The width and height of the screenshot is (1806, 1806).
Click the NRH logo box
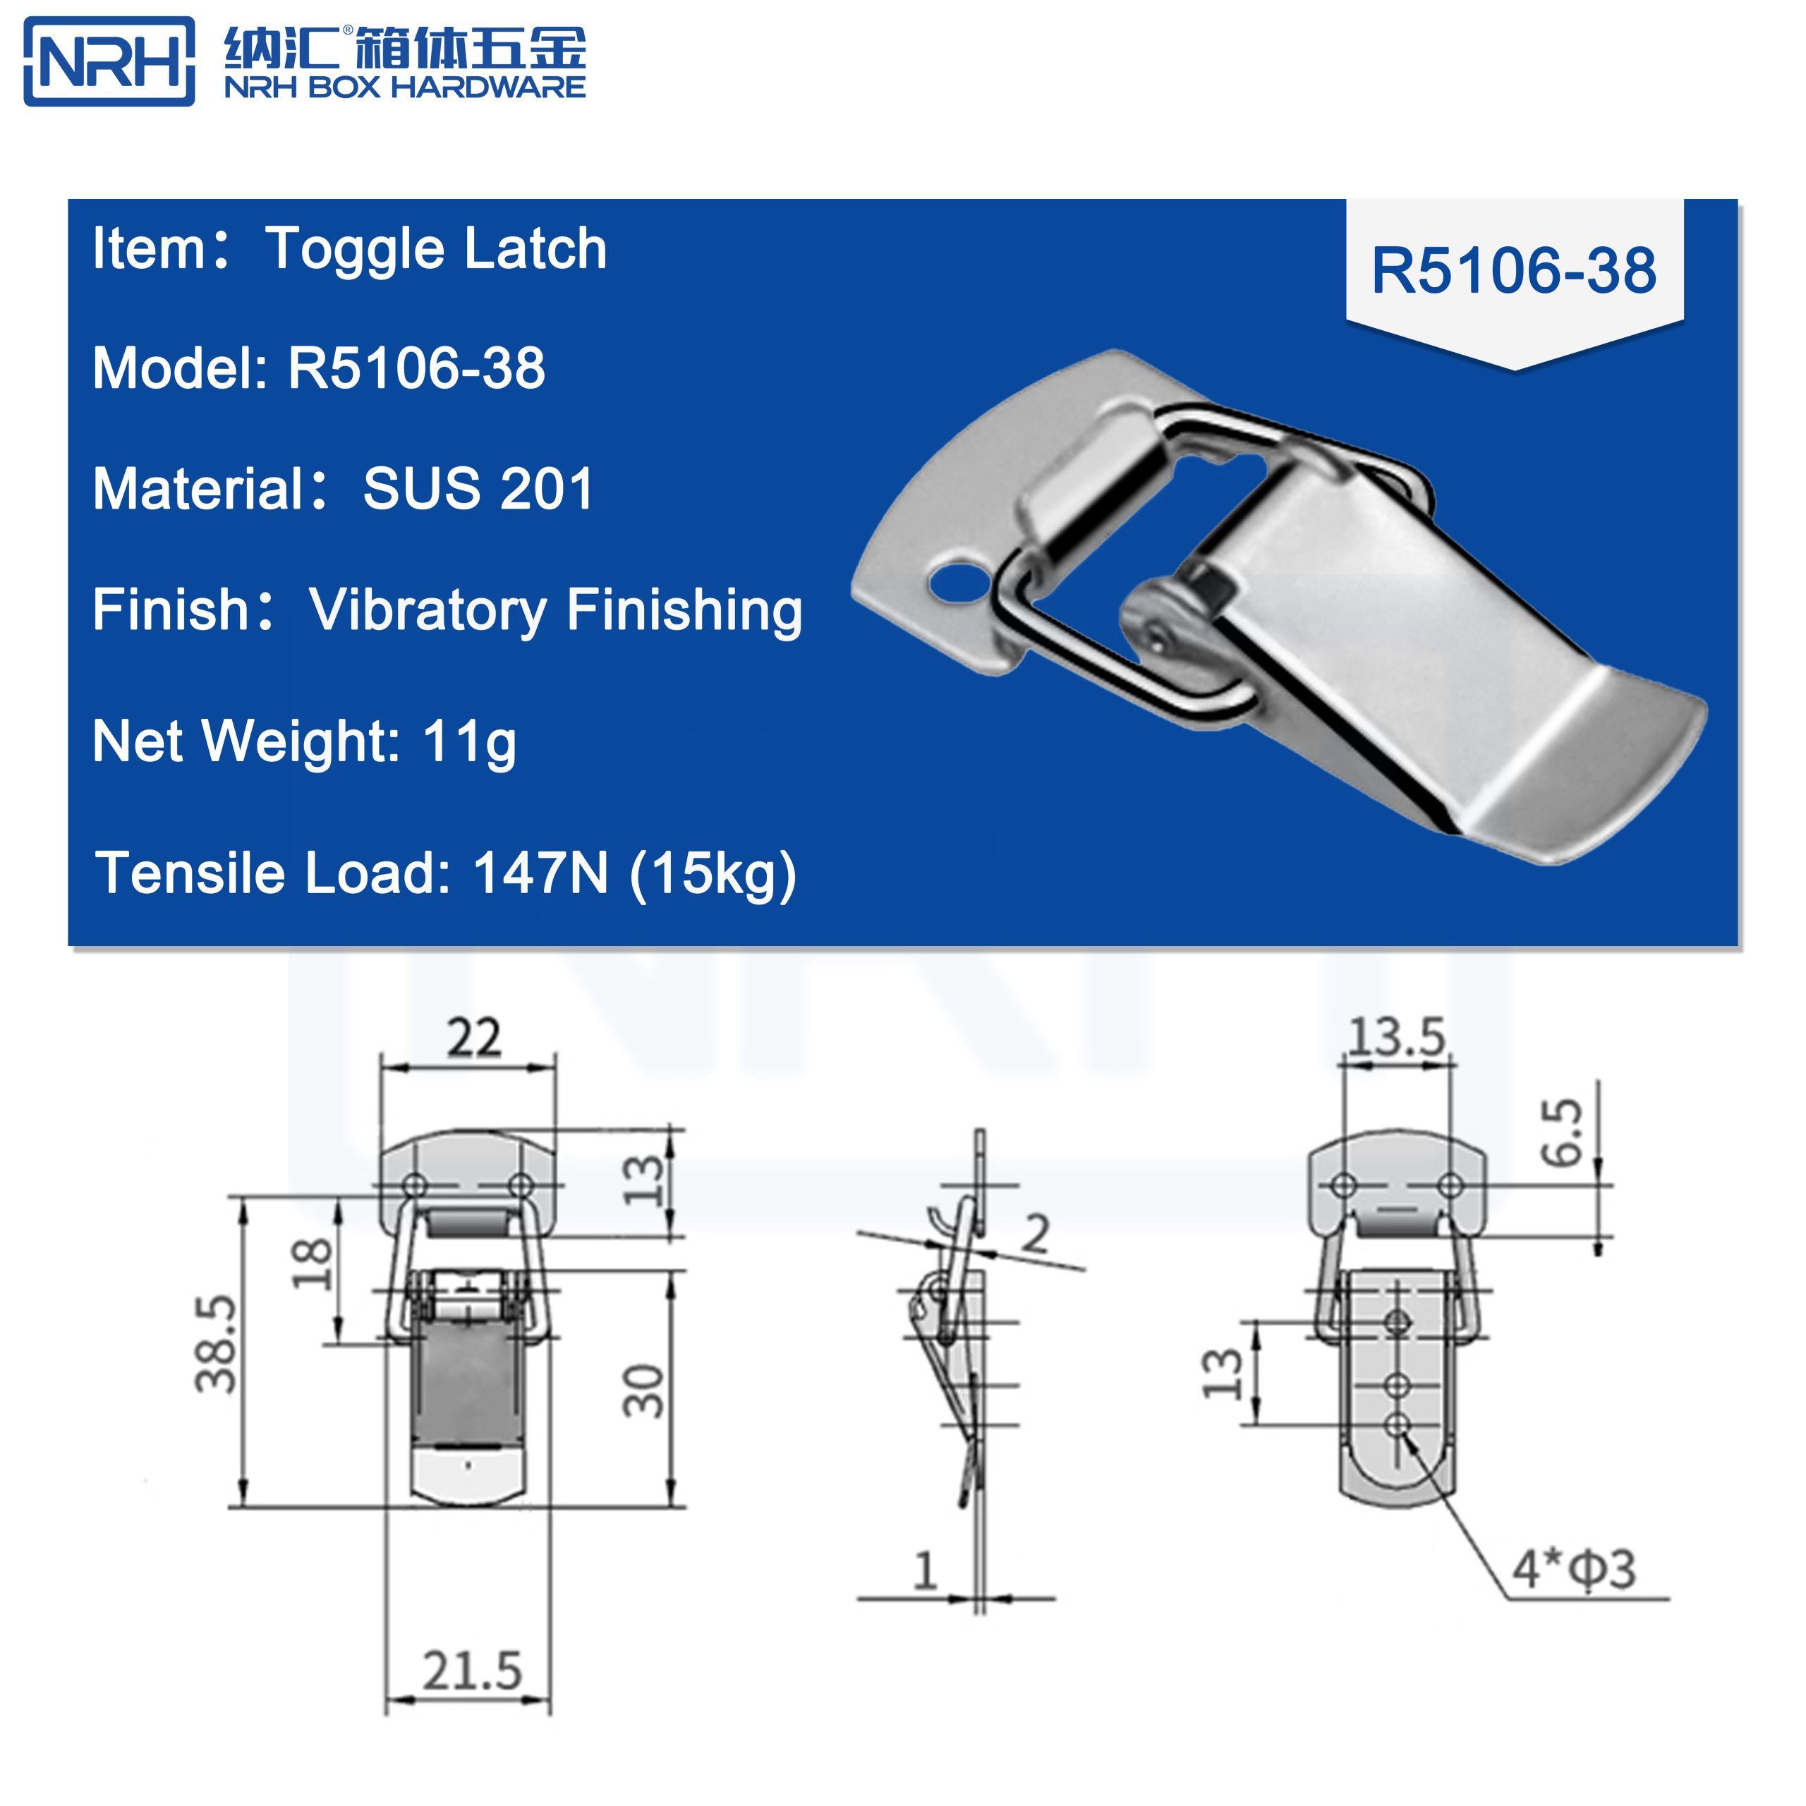109,61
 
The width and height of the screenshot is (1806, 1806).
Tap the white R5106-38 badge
1513,272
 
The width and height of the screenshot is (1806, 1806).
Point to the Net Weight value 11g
468,741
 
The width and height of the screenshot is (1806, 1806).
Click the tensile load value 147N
540,873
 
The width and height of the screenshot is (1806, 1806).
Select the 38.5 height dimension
216,1343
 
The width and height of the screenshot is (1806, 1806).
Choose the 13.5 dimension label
1397,1036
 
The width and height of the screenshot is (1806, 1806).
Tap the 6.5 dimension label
1562,1132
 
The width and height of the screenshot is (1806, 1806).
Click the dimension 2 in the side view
1035,1234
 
